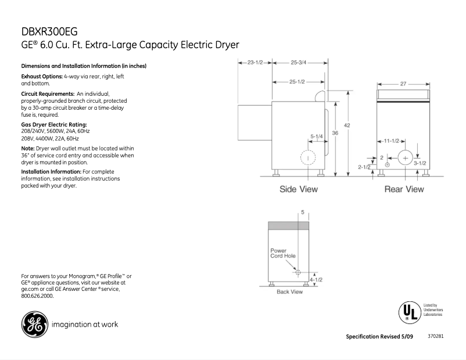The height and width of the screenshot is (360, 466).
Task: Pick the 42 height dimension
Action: tap(347, 125)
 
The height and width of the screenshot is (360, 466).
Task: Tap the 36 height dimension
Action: tap(335, 133)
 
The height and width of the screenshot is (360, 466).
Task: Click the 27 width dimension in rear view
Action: tap(403, 84)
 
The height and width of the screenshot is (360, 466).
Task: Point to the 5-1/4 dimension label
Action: tap(317, 137)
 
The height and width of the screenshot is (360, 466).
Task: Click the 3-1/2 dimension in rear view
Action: tap(420, 163)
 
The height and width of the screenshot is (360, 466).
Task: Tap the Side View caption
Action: tap(299, 189)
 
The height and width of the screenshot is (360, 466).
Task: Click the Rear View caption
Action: tap(404, 189)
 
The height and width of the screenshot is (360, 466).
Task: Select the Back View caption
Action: tap(289, 291)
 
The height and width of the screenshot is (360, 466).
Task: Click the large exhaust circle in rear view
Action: tap(405, 158)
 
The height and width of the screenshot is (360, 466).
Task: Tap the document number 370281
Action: tap(436, 336)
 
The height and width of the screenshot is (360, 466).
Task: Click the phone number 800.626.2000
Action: tap(37, 296)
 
